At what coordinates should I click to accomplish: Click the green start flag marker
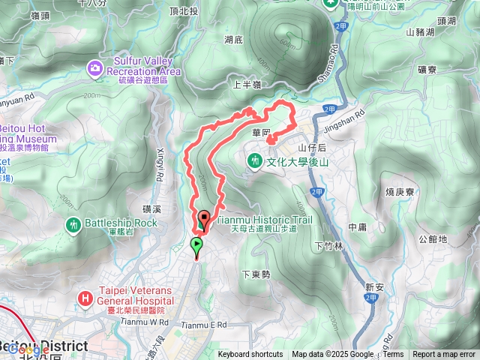point(196,244)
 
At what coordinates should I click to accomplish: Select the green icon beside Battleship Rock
point(73,223)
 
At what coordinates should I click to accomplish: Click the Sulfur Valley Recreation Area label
point(144,66)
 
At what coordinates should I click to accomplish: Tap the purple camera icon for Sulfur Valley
point(95,69)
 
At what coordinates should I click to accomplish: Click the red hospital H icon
point(85,298)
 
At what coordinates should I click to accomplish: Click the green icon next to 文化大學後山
point(255,160)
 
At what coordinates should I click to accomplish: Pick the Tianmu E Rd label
point(205,325)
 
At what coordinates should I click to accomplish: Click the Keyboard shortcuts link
point(250,355)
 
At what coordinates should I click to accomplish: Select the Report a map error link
point(444,355)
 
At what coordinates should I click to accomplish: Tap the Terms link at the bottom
point(393,355)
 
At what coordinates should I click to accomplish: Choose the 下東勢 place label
point(256,275)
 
